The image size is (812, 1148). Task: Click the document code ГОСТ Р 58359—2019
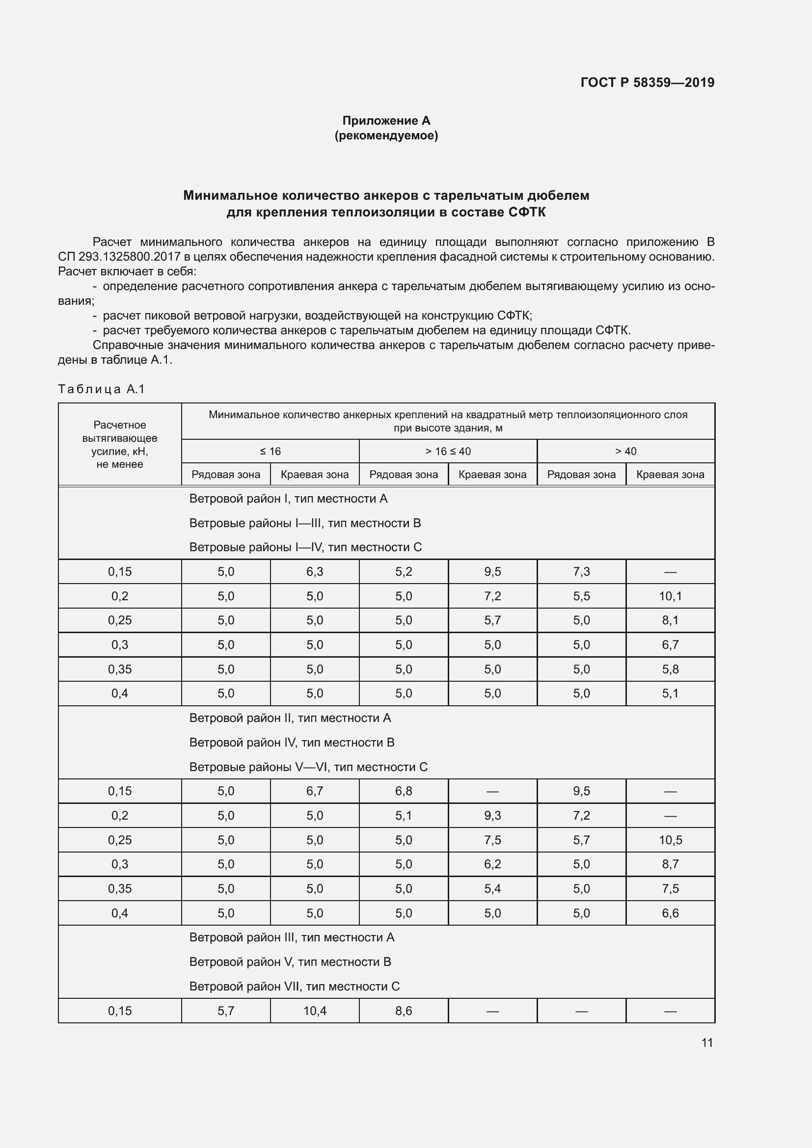[x=647, y=82]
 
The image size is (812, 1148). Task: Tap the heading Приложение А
[x=386, y=121]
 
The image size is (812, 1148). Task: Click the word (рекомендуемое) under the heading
[x=386, y=135]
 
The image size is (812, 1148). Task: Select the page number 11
[x=706, y=1042]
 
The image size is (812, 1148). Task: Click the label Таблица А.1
[x=102, y=389]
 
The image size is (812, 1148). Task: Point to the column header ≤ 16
[x=270, y=451]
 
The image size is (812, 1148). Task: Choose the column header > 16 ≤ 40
[x=448, y=451]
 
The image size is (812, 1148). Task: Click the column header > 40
[x=625, y=451]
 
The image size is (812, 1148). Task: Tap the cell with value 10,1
[x=670, y=596]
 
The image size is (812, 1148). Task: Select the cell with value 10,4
[x=315, y=1011]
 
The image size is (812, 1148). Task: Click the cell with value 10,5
[x=670, y=840]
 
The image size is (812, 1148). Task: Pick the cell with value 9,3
[x=492, y=816]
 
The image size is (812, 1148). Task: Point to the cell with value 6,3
[x=315, y=571]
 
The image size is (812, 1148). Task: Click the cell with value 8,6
[x=404, y=1011]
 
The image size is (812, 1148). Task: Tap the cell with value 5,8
[x=670, y=669]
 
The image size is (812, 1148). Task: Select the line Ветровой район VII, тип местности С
[x=294, y=986]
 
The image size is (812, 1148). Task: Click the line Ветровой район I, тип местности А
[x=288, y=499]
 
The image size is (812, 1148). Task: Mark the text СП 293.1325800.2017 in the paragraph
[x=119, y=257]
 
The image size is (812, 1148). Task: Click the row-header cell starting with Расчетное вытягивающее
[x=119, y=445]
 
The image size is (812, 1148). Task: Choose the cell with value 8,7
[x=670, y=864]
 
